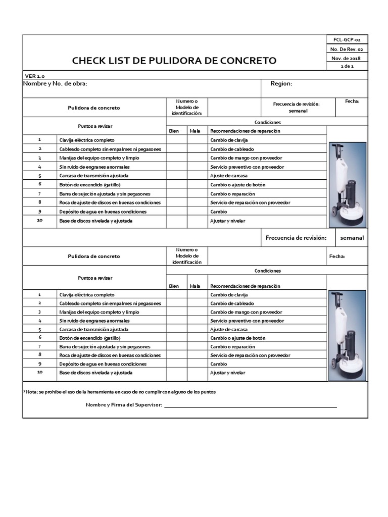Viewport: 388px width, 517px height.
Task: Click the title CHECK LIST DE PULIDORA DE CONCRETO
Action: coord(174,61)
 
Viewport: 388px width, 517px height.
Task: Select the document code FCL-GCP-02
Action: coord(347,39)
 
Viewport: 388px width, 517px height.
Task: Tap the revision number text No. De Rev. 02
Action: coord(347,49)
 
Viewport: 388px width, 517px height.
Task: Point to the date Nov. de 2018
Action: coord(347,58)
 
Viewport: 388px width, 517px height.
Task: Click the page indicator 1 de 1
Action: coord(347,67)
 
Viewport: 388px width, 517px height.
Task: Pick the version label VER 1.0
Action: coord(35,75)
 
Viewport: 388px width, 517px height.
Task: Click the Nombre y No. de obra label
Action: coord(56,84)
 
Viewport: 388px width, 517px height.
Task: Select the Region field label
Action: coord(281,84)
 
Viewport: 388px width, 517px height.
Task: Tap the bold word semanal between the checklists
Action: coord(352,238)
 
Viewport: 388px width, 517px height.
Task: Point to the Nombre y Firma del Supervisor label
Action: coord(124,405)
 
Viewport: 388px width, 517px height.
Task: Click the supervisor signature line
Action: coord(250,406)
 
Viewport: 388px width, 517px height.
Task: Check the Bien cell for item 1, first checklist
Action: coord(176,140)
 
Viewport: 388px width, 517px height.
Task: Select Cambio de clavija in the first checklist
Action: coord(229,140)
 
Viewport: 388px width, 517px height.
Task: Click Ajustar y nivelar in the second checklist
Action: coord(227,373)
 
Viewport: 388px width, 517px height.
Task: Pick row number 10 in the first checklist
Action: coord(40,221)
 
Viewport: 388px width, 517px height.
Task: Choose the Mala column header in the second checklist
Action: coord(195,286)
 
